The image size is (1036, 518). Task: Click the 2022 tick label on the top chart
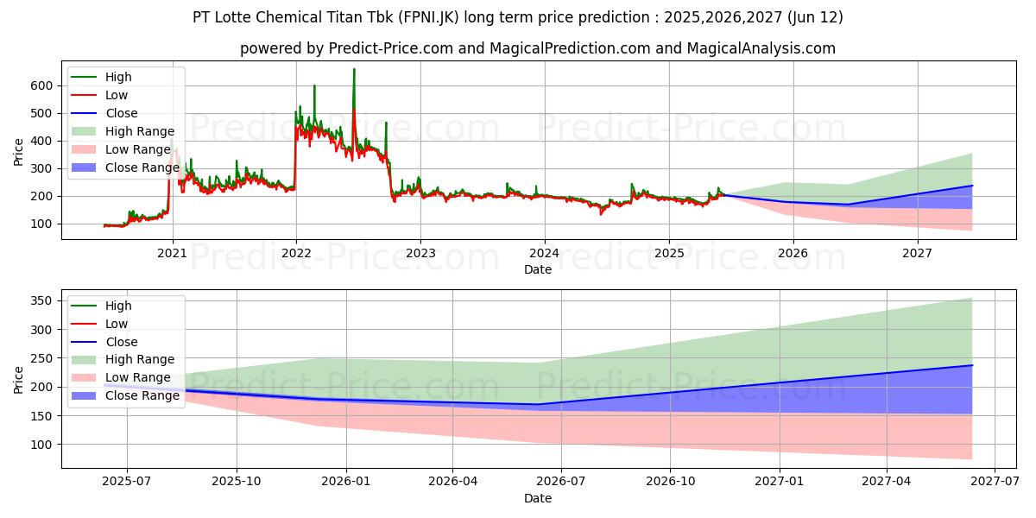(x=296, y=253)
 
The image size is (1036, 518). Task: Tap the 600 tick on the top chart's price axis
(x=41, y=85)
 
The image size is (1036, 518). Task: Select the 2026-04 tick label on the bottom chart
(x=453, y=482)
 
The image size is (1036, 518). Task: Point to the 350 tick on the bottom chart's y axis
(x=41, y=300)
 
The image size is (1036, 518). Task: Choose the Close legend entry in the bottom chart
(x=121, y=342)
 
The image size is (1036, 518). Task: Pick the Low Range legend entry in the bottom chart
(x=138, y=378)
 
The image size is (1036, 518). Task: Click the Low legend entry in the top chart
(x=117, y=95)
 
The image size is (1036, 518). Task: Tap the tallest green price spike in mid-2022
(x=354, y=70)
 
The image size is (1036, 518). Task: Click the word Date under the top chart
(x=537, y=269)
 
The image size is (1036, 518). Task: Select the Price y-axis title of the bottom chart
(x=19, y=379)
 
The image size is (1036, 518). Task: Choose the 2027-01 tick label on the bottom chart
(x=780, y=482)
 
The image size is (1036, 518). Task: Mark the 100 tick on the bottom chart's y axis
(x=41, y=445)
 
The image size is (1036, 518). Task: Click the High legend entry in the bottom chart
(x=118, y=306)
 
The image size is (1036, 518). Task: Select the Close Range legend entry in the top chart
(x=142, y=167)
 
